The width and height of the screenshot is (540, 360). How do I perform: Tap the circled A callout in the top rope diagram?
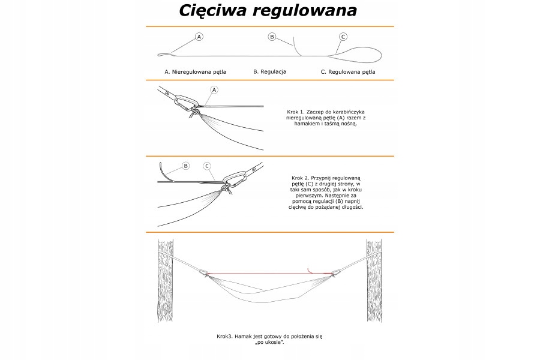coord(199,37)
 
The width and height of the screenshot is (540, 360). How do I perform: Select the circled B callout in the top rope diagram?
coord(272,37)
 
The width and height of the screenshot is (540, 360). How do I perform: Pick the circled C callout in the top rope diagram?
coord(343,37)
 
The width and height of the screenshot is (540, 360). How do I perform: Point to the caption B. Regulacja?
coord(269,71)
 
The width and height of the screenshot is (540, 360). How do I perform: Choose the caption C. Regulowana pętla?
coord(348,71)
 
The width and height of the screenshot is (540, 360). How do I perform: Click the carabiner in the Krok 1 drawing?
coord(186,101)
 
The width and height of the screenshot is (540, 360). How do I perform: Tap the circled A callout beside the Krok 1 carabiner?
coord(214,89)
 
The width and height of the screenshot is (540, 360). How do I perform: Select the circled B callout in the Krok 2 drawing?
coord(185,166)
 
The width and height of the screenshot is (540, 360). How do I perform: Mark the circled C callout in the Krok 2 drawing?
coord(206,166)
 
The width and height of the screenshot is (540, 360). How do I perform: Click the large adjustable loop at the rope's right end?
coord(363,55)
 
